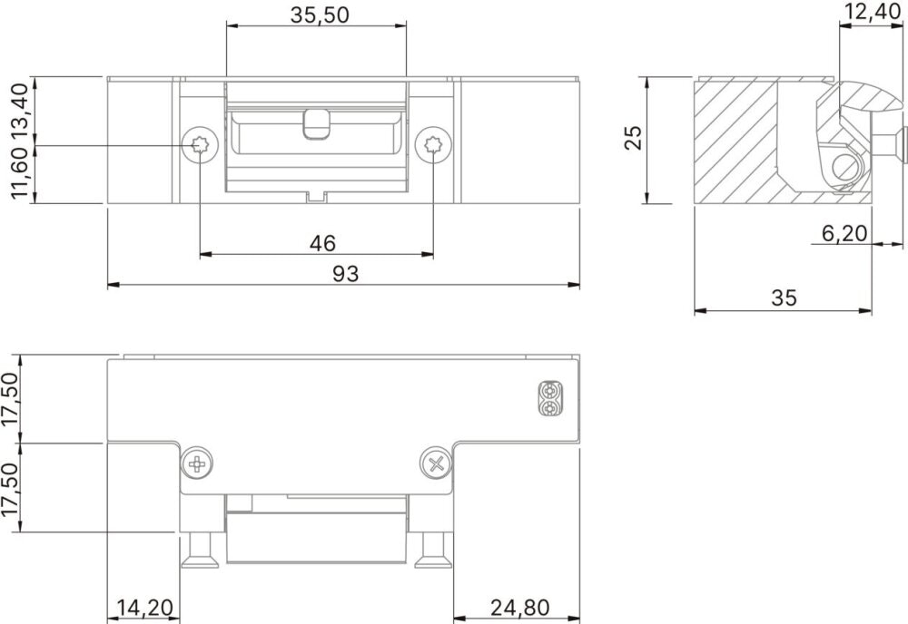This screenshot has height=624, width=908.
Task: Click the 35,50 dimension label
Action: point(320,15)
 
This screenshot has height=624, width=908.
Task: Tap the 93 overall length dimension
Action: point(345,274)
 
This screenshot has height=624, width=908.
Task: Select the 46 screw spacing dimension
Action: point(322,243)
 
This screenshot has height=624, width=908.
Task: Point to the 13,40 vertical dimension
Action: point(19,110)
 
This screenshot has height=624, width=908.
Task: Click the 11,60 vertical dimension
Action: point(19,172)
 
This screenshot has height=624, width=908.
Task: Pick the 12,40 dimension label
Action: point(872,11)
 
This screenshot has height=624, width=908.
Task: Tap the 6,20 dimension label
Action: point(844,233)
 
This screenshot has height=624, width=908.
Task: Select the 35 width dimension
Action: point(784,297)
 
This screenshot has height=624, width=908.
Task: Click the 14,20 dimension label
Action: point(144,608)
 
